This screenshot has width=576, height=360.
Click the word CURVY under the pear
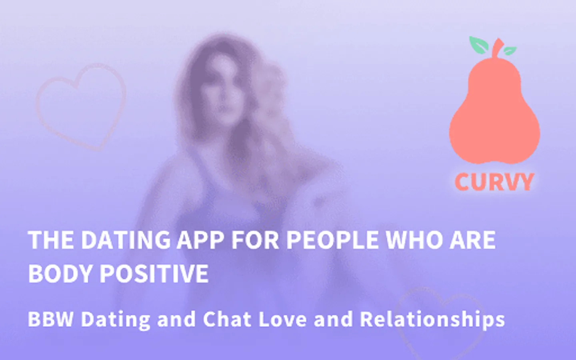click(494, 182)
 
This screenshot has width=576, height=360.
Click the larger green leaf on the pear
click(478, 45)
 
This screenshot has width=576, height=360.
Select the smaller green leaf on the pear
click(510, 51)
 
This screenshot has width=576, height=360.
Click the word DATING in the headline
click(126, 240)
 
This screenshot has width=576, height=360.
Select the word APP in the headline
click(200, 240)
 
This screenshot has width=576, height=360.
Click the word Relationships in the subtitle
click(432, 320)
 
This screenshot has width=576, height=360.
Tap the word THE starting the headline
click(52, 240)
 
